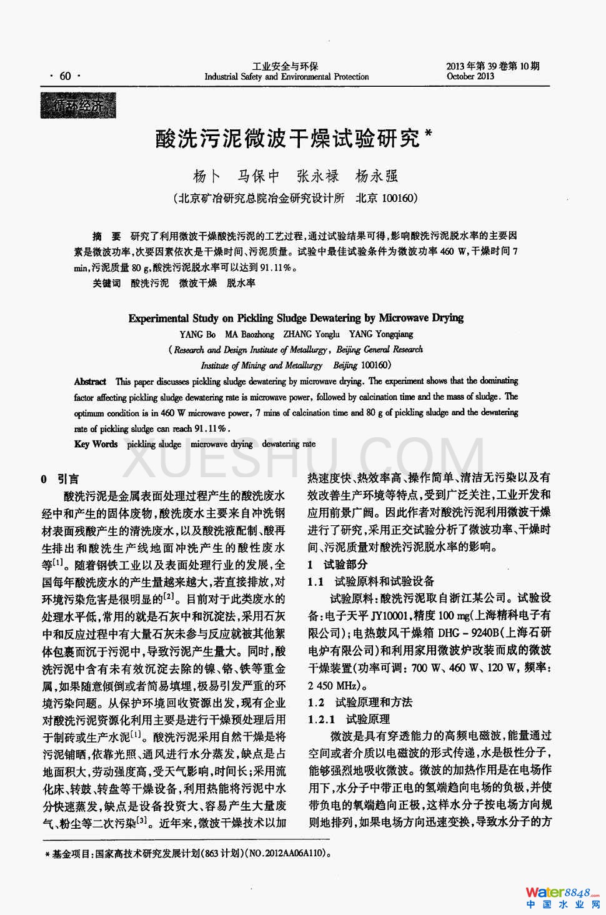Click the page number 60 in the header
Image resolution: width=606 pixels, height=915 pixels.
(x=65, y=76)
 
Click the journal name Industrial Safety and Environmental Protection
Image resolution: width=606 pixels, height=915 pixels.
(x=287, y=77)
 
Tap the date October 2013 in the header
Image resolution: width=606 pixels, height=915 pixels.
(x=470, y=76)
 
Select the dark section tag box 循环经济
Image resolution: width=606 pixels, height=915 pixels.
(x=78, y=106)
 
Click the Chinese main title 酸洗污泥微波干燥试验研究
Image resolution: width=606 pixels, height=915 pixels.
(x=288, y=138)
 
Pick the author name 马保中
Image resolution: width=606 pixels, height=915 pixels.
(x=259, y=176)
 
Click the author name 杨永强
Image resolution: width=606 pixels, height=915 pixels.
(x=377, y=176)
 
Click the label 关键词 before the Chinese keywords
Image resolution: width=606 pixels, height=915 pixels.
(x=107, y=283)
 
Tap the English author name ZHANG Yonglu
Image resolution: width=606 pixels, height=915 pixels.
(x=311, y=334)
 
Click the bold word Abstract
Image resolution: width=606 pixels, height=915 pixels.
(x=90, y=381)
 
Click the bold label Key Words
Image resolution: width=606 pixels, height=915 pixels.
(x=96, y=444)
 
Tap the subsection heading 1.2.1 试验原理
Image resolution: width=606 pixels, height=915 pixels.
(x=349, y=719)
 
